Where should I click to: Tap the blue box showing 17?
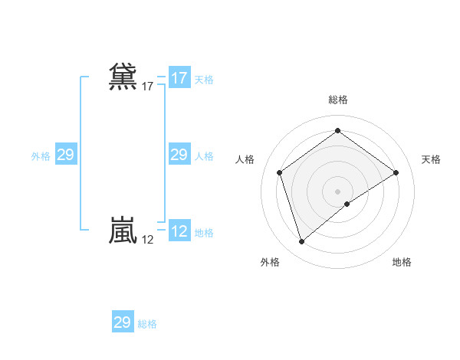pos(179,78)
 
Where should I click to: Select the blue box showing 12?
pos(179,231)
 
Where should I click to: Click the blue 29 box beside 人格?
pos(179,155)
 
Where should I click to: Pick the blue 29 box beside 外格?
pos(65,155)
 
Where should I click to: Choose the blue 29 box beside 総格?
pos(123,322)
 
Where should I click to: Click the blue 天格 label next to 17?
pos(204,80)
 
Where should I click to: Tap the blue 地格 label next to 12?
pos(204,233)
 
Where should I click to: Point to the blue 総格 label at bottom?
pos(147,324)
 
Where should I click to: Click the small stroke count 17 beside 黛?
pos(147,87)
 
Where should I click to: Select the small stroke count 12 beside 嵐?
pos(147,240)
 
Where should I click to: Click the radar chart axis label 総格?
pos(337,100)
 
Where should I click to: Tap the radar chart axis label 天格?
pos(431,159)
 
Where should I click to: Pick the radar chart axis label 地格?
pos(402,262)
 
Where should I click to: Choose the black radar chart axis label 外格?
pos(270,262)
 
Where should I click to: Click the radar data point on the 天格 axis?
pos(396,172)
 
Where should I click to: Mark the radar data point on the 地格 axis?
pos(347,204)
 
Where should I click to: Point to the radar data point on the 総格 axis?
pos(337,131)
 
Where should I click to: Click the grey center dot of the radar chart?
pos(337,191)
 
